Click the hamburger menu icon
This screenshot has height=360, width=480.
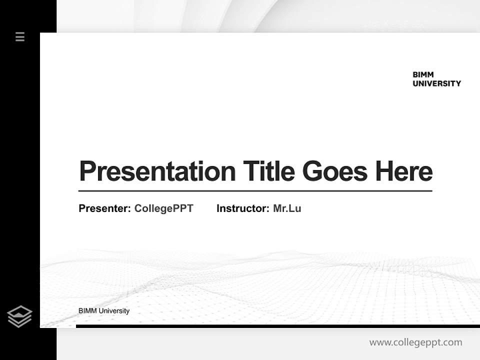(20, 36)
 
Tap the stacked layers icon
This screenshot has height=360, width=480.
(19, 316)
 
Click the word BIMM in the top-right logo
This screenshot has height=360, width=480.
(423, 74)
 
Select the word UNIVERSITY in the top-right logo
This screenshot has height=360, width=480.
(436, 83)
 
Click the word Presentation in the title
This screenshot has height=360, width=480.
(157, 171)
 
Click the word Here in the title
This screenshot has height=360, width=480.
(404, 171)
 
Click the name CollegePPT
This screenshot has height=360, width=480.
(163, 208)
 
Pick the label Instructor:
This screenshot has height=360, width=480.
(243, 208)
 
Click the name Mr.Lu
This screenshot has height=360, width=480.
(287, 208)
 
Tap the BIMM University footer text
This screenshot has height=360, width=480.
(104, 311)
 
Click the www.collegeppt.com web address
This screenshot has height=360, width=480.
(415, 342)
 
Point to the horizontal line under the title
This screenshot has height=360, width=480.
(255, 190)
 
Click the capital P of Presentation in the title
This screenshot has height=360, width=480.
(87, 171)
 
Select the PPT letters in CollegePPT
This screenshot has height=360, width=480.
(183, 208)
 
